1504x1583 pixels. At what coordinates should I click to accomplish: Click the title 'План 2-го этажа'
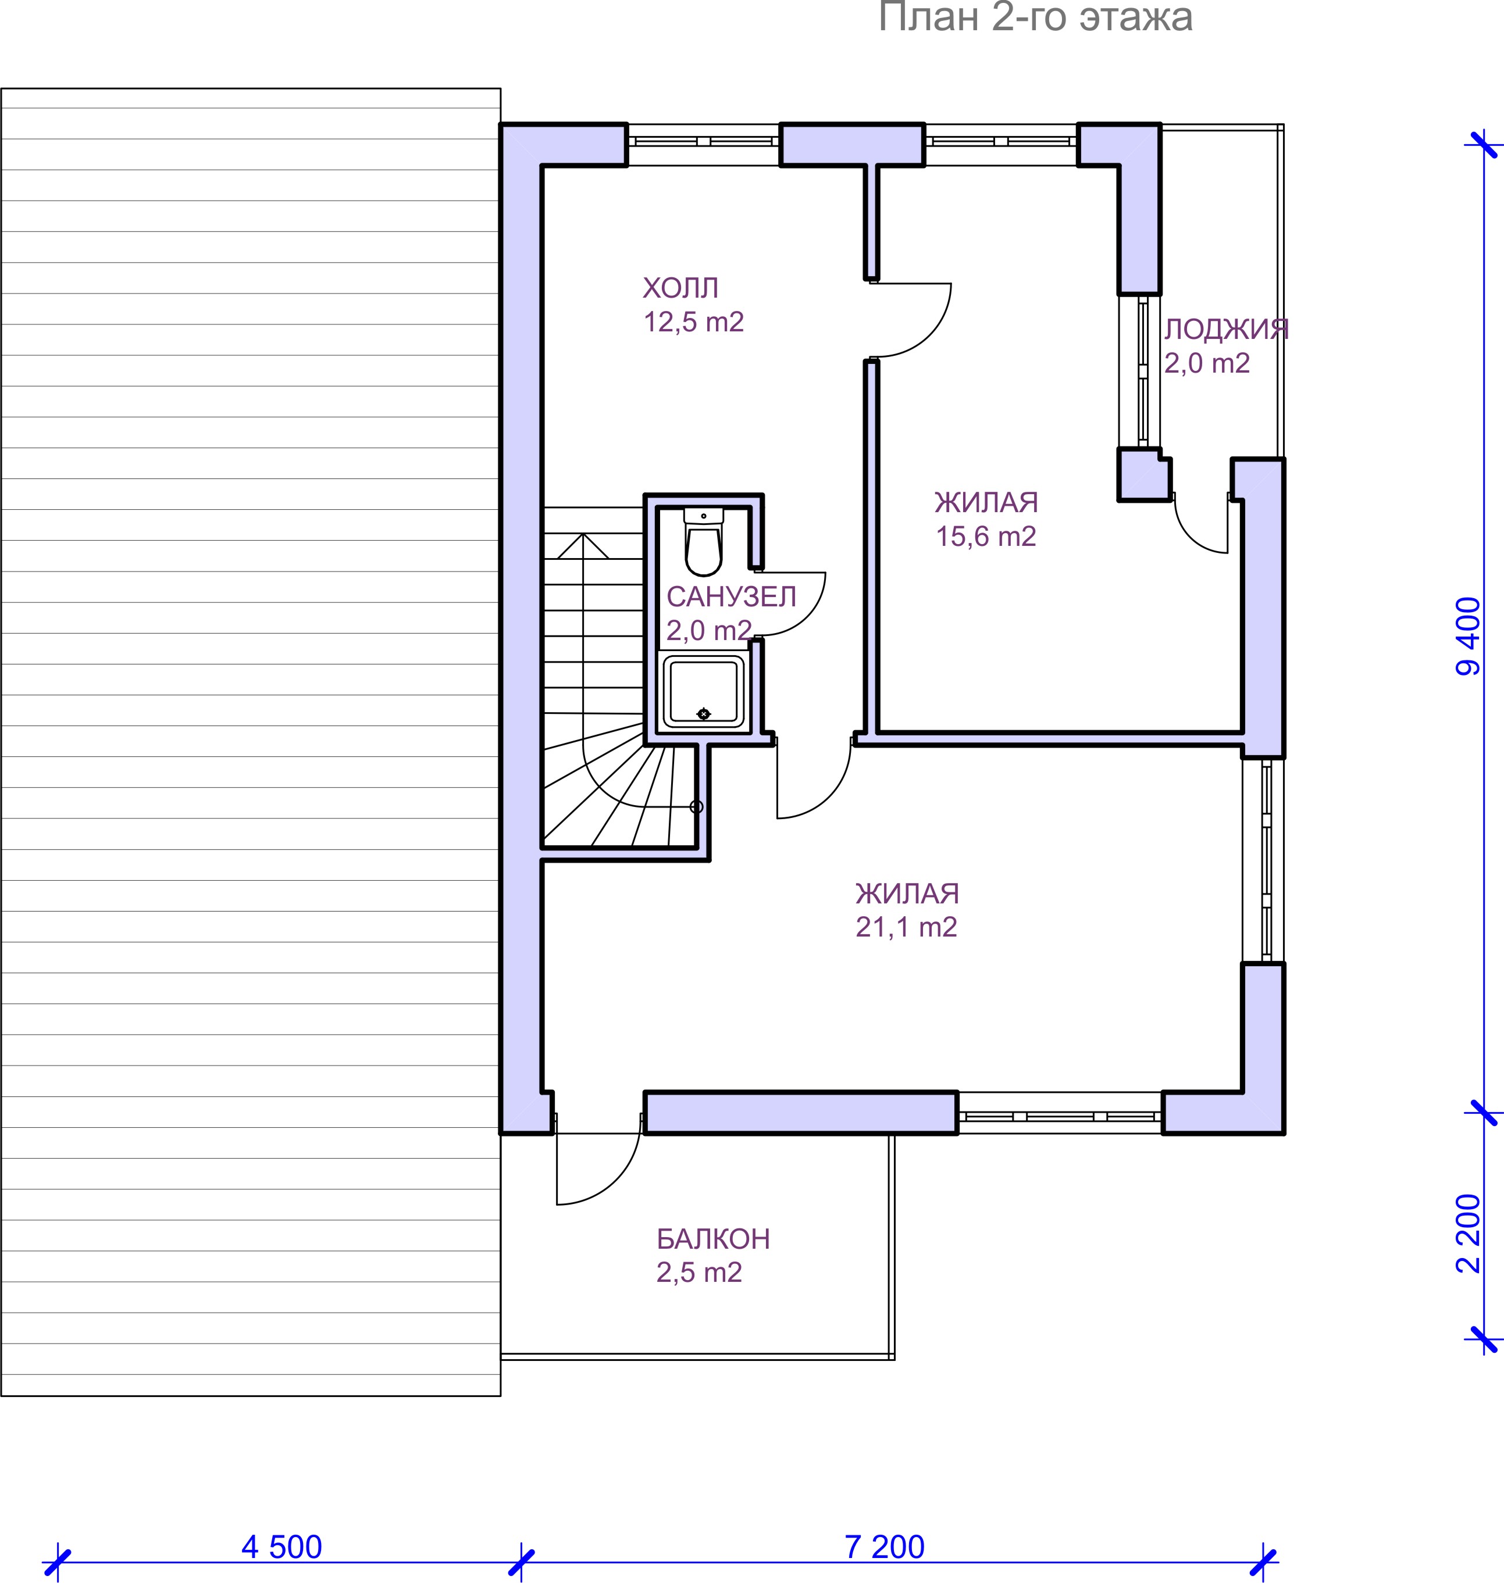[1035, 17]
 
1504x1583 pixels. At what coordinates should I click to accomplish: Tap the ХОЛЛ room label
[680, 288]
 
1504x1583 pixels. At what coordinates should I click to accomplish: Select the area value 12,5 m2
[693, 322]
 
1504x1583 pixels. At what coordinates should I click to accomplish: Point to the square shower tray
[704, 691]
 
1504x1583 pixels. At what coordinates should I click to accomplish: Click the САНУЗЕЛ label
[731, 596]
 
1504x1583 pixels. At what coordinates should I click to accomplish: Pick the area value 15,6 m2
[986, 536]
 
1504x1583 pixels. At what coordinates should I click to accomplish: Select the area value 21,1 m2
[906, 927]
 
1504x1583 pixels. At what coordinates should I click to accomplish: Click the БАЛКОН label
[712, 1239]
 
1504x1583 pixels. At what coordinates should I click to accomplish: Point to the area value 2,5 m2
[699, 1272]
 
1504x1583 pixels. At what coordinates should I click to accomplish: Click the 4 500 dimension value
[281, 1547]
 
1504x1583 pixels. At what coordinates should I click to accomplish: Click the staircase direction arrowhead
[583, 545]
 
